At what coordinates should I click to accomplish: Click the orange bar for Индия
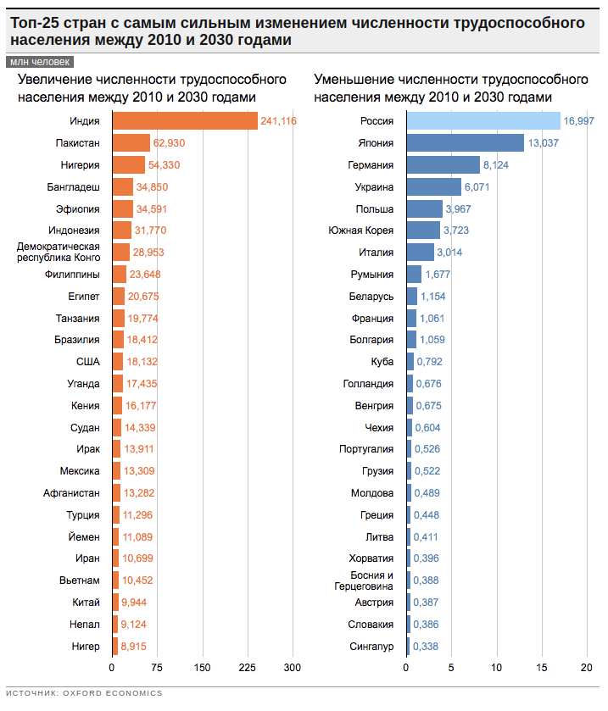click(x=184, y=121)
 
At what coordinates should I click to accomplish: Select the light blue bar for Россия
click(x=495, y=121)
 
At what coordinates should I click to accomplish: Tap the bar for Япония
click(x=466, y=143)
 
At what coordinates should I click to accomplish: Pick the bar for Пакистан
click(x=131, y=143)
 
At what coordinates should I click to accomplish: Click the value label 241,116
click(x=278, y=121)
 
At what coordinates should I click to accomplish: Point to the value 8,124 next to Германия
click(x=495, y=165)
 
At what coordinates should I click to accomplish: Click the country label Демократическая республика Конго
click(x=59, y=252)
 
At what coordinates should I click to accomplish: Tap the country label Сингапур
click(x=371, y=647)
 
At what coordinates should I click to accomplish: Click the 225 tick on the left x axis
click(x=248, y=668)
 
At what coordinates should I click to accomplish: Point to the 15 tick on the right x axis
click(x=541, y=668)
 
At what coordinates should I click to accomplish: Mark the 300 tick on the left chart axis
click(x=293, y=668)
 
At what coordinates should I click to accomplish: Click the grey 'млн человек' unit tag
click(x=39, y=62)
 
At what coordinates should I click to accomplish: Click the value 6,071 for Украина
click(x=478, y=187)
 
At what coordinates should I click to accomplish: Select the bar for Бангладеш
click(x=122, y=187)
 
